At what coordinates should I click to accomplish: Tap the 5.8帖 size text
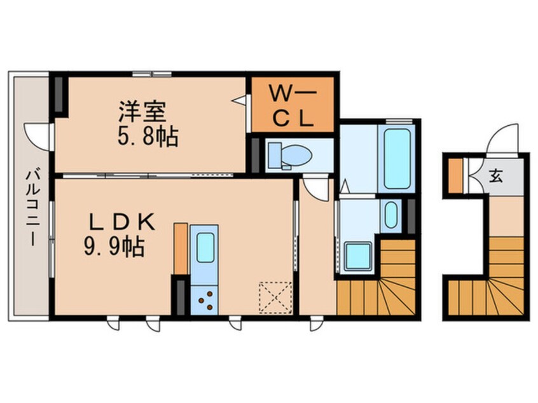point(147,136)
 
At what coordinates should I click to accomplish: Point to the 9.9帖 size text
point(113,246)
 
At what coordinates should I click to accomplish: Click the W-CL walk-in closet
point(293,105)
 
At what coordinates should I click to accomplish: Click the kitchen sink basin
point(205,247)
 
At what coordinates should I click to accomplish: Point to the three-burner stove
point(205,298)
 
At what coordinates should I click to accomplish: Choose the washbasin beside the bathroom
point(391,215)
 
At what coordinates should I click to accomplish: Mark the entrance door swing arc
point(504,140)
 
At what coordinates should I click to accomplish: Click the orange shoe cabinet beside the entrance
point(455,174)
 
